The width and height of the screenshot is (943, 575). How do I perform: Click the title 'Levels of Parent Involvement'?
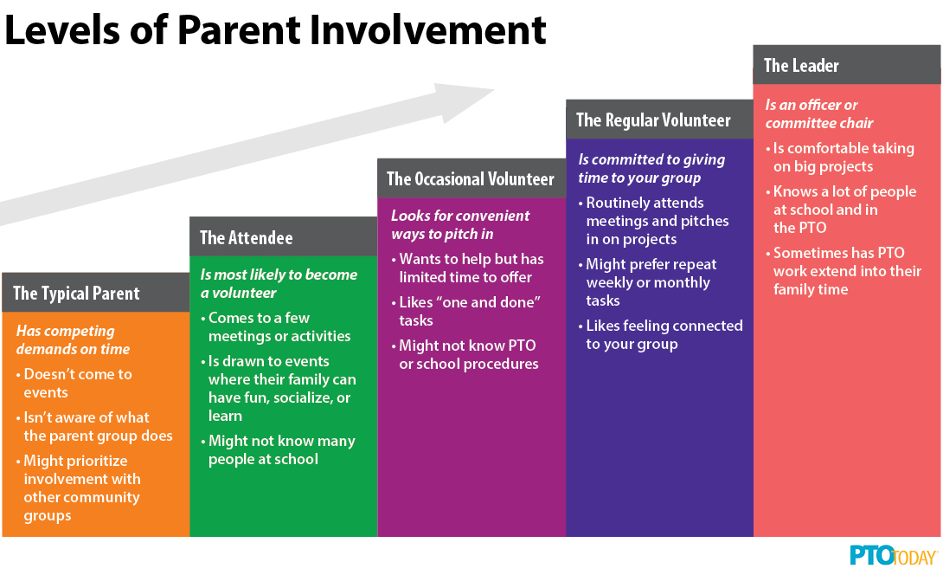click(275, 30)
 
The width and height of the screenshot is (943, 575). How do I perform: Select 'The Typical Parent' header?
click(76, 294)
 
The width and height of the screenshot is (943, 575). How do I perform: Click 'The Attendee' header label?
click(247, 238)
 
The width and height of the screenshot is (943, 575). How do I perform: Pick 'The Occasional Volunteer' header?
click(471, 179)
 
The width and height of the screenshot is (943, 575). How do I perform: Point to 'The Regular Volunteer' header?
click(653, 120)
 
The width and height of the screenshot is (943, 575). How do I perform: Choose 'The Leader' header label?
click(801, 65)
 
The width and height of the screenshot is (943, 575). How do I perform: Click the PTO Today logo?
click(894, 556)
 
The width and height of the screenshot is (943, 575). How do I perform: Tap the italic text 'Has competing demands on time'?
click(73, 340)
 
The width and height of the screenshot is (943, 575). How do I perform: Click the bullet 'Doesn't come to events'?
click(74, 384)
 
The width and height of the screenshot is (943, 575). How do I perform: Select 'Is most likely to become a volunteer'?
click(279, 283)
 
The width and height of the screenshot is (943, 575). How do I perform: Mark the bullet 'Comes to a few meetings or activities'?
click(275, 327)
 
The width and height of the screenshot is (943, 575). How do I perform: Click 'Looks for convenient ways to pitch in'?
click(460, 224)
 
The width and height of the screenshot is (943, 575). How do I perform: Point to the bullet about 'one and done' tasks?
click(466, 311)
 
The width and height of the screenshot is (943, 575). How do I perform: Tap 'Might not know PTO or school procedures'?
click(465, 355)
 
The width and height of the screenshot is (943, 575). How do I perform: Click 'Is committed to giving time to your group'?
click(651, 169)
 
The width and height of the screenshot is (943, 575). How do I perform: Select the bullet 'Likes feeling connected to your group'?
click(660, 335)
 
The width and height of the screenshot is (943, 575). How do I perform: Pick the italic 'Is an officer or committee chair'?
click(819, 113)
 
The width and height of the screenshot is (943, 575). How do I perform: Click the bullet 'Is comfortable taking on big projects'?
click(840, 157)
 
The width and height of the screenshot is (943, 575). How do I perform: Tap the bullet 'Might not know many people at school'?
click(278, 450)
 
